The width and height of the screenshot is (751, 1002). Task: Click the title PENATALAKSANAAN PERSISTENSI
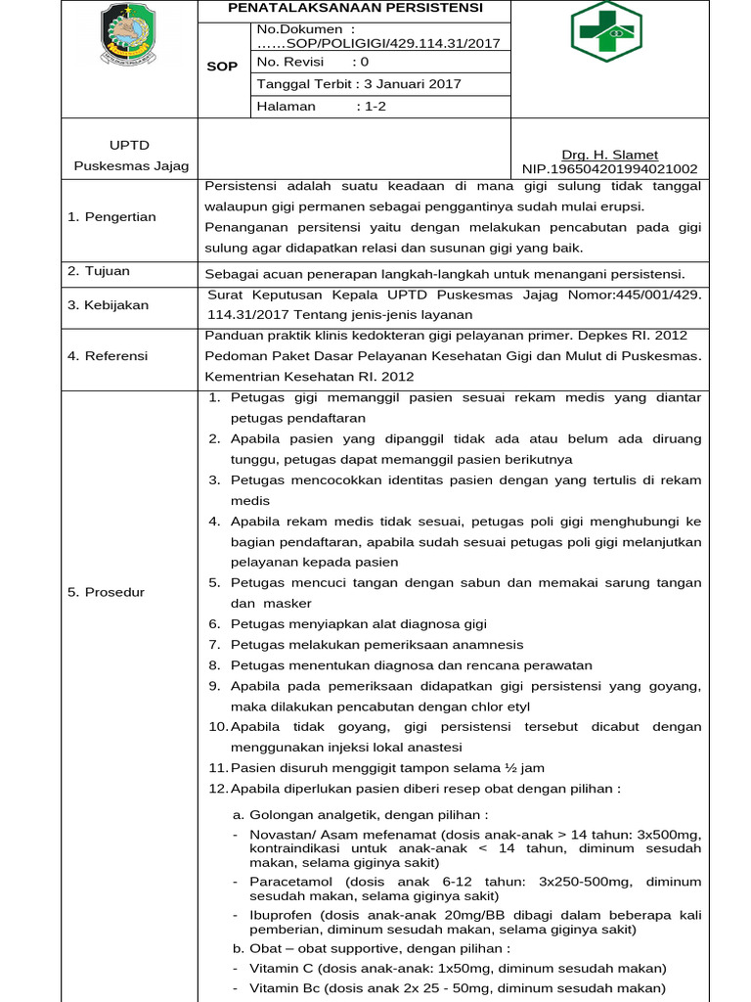(355, 8)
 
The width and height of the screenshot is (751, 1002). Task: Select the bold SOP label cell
(224, 67)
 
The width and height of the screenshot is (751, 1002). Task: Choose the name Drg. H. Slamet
(609, 155)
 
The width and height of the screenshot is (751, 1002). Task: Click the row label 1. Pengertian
(111, 216)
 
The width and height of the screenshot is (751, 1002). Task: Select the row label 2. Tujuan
(98, 271)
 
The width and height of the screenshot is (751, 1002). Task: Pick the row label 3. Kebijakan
(108, 304)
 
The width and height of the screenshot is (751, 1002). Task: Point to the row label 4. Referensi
(108, 355)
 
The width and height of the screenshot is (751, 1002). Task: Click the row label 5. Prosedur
(106, 592)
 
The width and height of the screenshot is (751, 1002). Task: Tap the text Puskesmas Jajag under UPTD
(131, 165)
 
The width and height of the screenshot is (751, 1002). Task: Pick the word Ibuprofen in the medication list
(281, 915)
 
